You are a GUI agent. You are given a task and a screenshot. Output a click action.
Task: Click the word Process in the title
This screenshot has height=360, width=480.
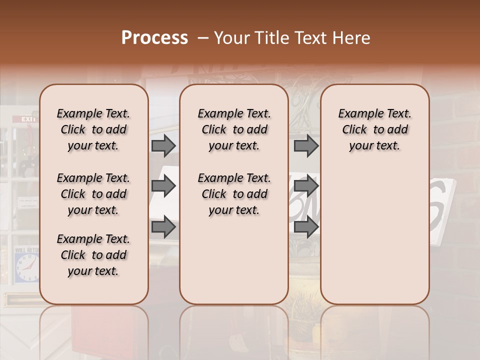click(154, 38)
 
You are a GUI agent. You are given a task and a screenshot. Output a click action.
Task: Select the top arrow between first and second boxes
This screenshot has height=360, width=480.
click(163, 146)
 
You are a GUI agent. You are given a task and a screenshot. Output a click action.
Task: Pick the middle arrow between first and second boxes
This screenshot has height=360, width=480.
click(163, 186)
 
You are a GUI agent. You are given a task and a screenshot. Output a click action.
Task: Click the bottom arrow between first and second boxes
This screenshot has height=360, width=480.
click(163, 227)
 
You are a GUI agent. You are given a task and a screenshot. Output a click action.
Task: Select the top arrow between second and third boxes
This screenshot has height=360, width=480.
click(306, 146)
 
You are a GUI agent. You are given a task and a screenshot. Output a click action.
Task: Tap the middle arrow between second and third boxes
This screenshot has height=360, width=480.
click(306, 186)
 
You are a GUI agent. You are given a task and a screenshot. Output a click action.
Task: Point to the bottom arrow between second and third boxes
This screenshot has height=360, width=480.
click(306, 227)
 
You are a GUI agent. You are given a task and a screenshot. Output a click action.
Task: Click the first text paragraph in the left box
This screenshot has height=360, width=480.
click(93, 129)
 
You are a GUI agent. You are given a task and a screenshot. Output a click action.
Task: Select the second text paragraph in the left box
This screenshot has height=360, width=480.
click(93, 194)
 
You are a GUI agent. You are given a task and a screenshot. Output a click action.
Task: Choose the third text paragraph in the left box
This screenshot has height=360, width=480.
click(93, 255)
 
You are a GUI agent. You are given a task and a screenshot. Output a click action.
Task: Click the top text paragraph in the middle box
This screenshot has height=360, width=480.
click(234, 129)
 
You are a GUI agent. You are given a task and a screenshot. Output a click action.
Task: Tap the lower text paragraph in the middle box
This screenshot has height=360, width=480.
click(234, 194)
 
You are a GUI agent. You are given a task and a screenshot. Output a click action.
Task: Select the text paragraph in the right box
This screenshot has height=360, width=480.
click(375, 129)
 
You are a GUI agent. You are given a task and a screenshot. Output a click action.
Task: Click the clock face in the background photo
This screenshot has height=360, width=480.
click(26, 267)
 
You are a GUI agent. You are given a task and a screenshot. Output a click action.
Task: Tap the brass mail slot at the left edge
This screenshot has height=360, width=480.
click(20, 300)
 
